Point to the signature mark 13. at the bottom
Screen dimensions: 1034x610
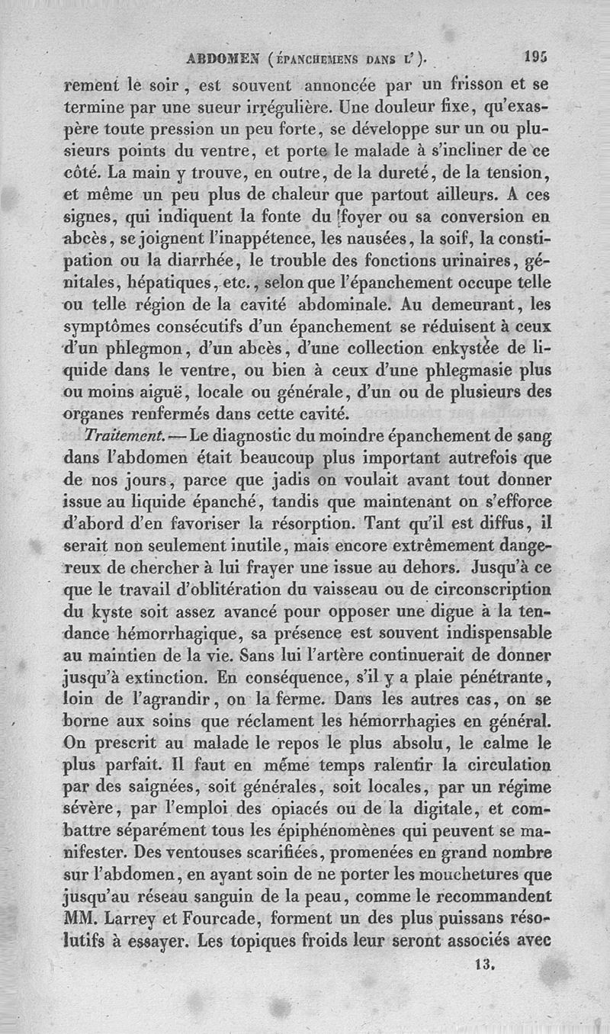tap(485, 963)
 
